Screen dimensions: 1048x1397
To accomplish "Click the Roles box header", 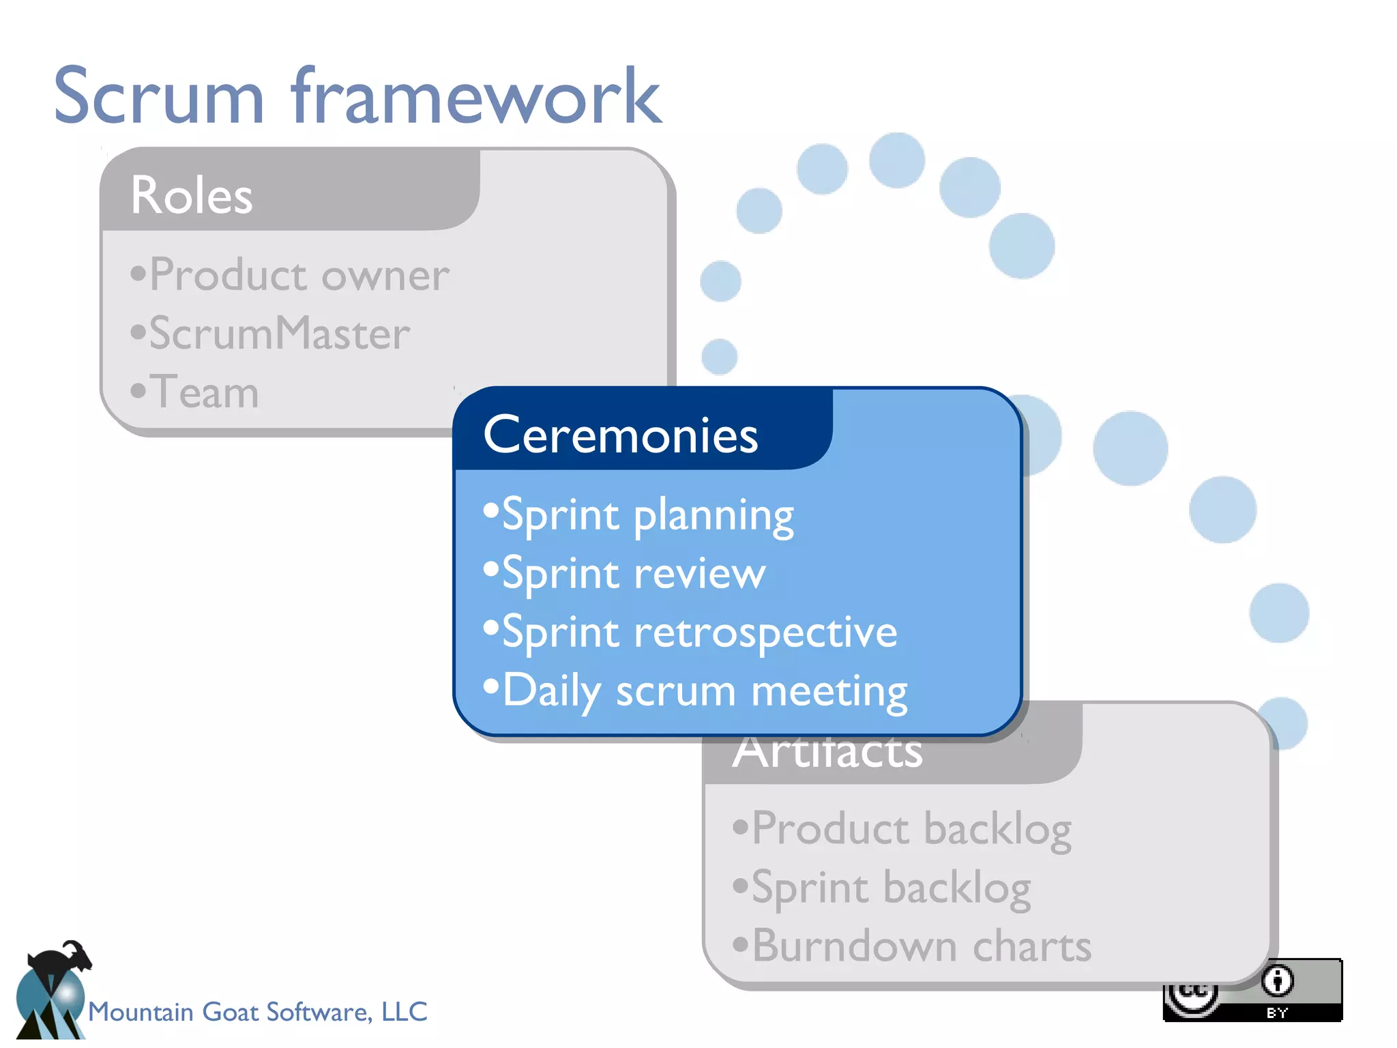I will tap(192, 195).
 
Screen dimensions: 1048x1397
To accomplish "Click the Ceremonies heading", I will tap(620, 435).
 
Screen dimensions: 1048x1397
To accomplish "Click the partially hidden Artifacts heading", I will tap(827, 755).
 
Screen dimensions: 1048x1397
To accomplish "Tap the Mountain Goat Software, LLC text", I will tap(257, 1012).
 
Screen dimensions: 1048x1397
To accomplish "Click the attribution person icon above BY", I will tap(1277, 981).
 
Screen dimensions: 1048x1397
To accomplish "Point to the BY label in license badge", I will tap(1277, 1013).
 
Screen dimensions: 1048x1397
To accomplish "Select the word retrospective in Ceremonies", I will tap(765, 632).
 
